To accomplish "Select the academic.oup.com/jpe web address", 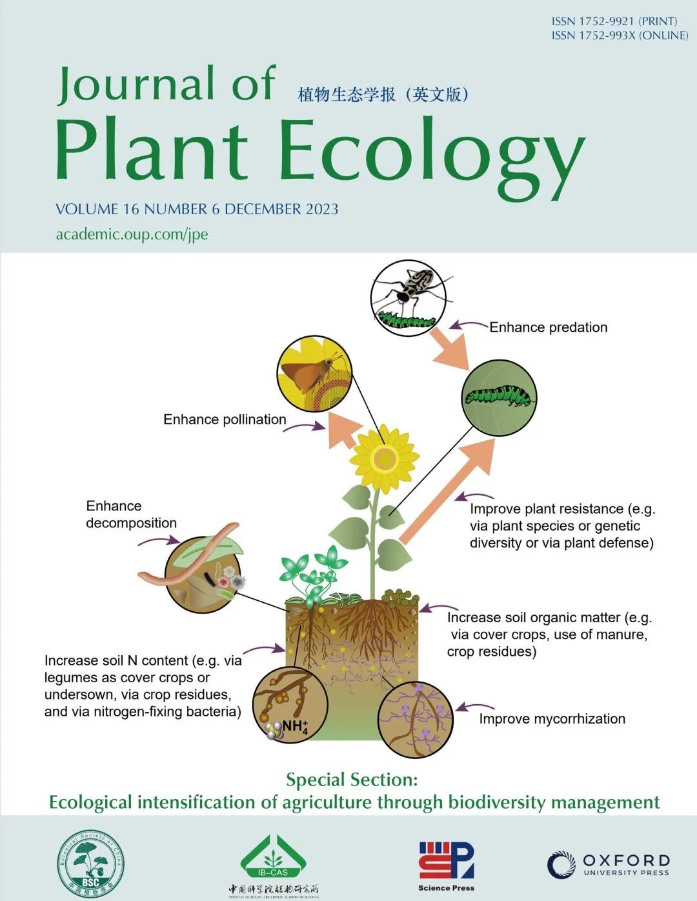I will click(x=132, y=234).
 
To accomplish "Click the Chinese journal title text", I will click(x=383, y=95).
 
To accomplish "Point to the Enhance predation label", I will click(x=548, y=327).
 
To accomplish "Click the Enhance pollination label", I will click(x=225, y=420).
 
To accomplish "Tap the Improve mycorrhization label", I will click(x=552, y=719).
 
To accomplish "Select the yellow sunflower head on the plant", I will click(x=385, y=459).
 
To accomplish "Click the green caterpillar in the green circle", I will click(x=500, y=396).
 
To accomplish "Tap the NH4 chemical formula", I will click(x=295, y=727).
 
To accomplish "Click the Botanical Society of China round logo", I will click(x=91, y=862).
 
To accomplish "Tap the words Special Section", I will click(x=352, y=780).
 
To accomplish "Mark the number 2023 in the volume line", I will click(x=322, y=209).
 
